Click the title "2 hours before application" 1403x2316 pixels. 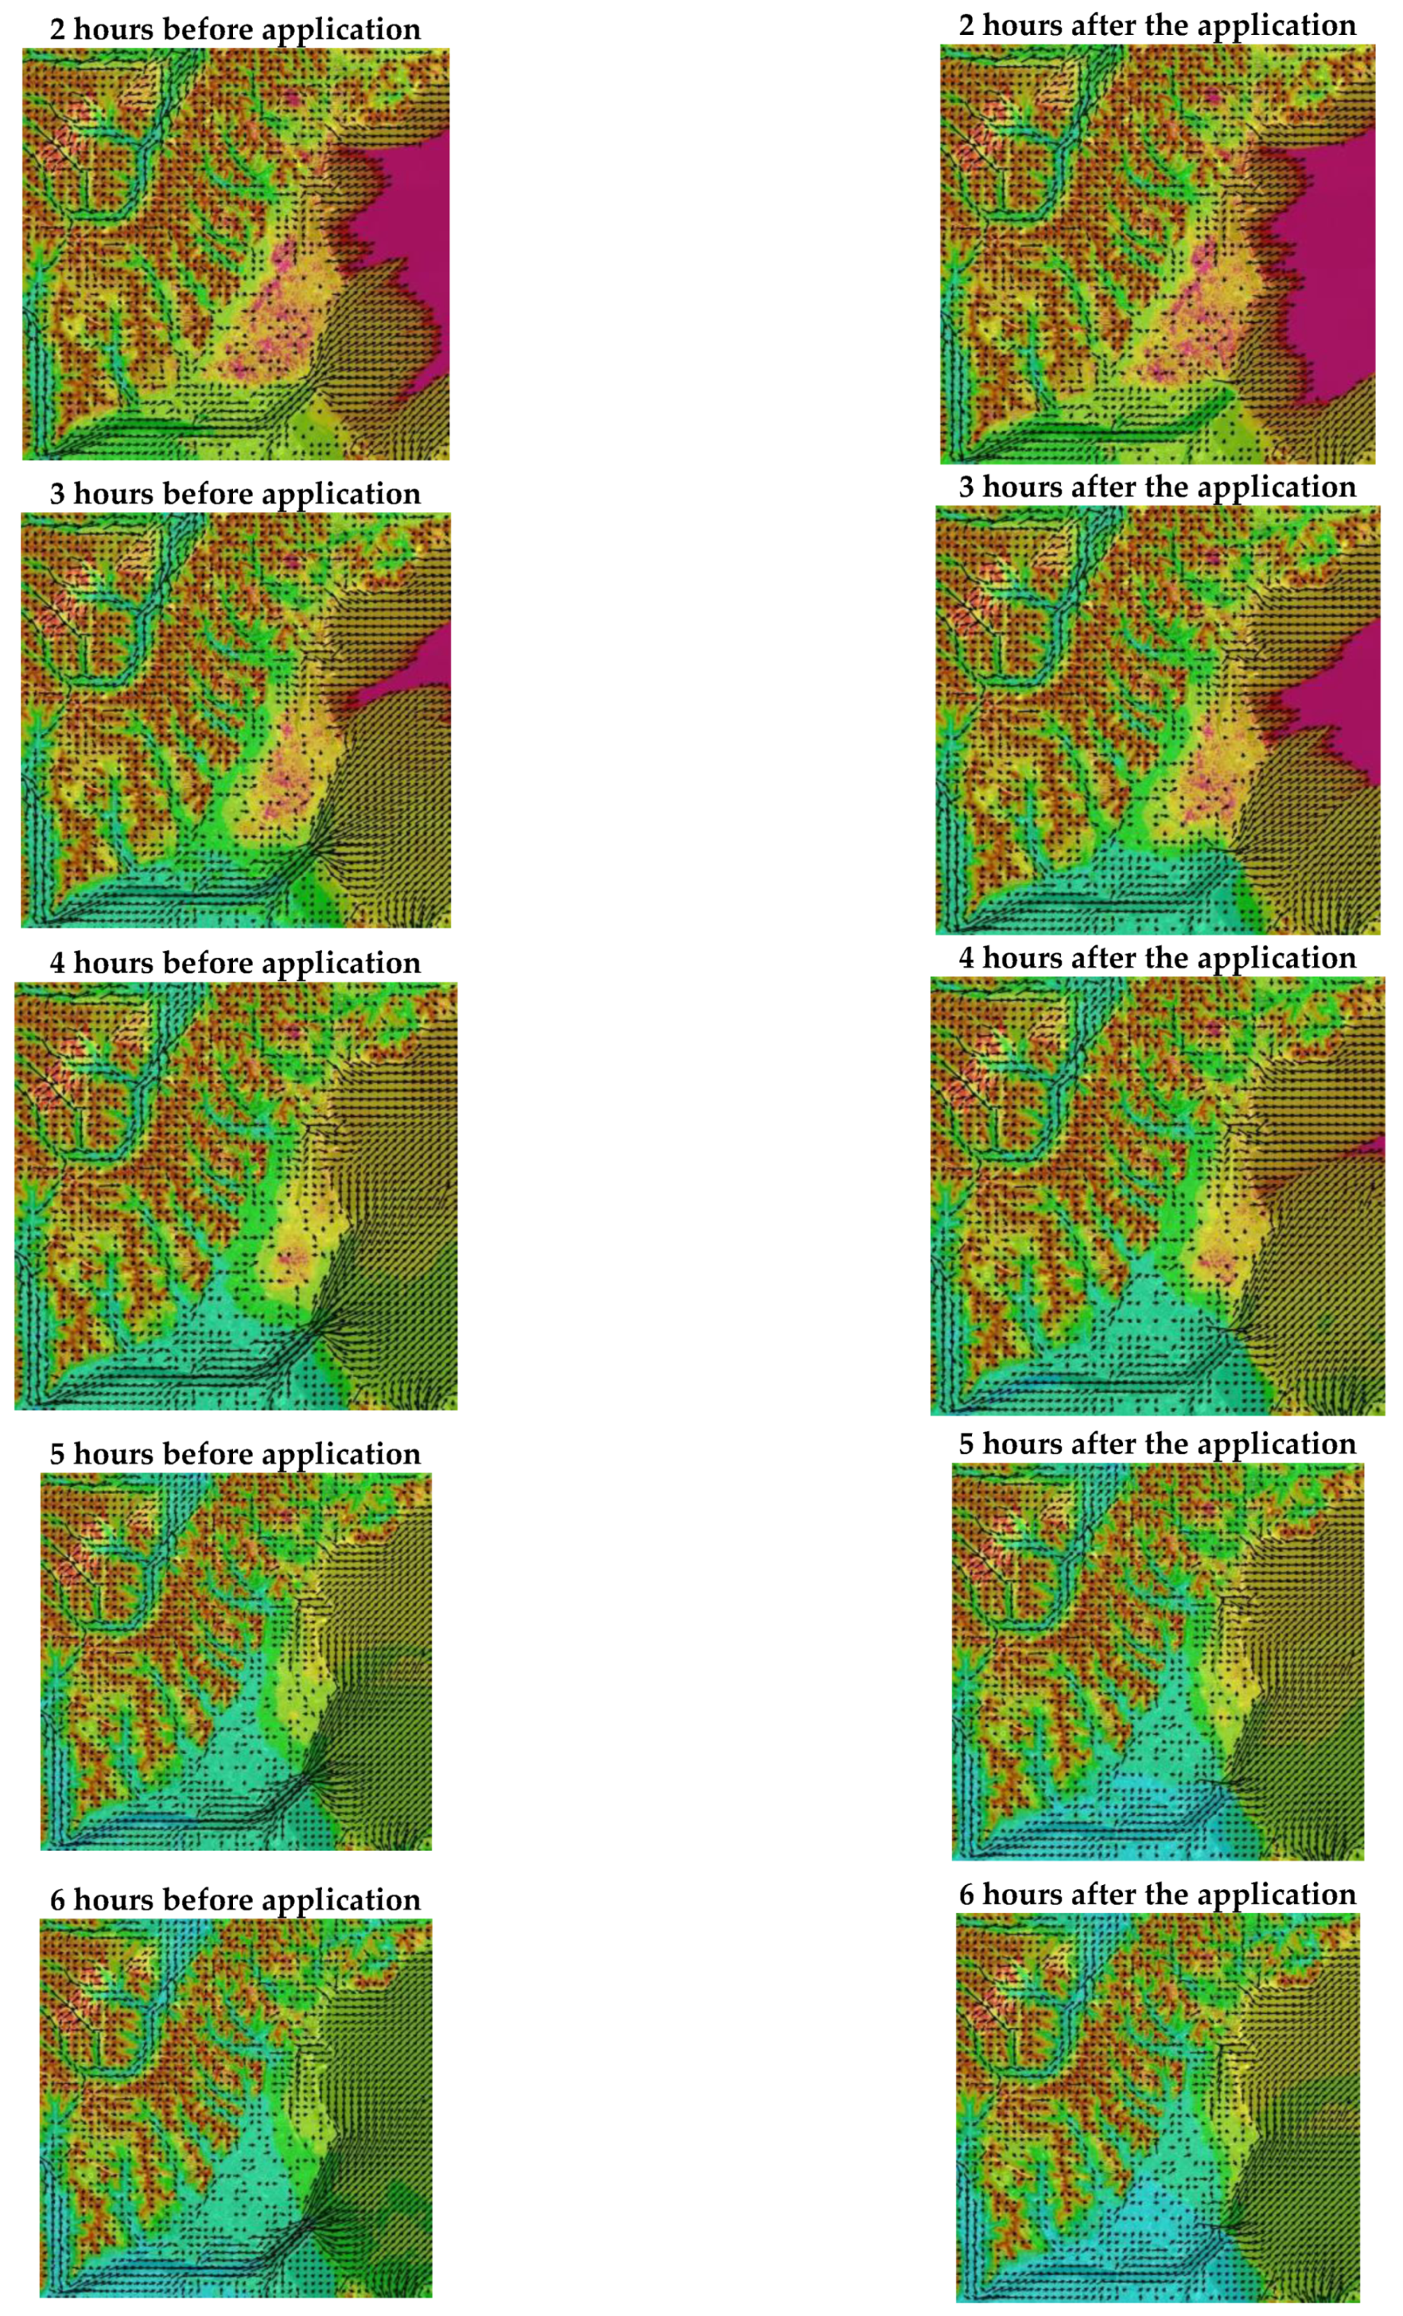[x=235, y=29]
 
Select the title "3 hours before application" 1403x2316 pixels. [x=235, y=493]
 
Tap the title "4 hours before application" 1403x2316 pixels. [x=235, y=962]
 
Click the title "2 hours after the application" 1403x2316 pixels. [x=1157, y=25]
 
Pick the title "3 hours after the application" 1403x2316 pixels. [x=1157, y=487]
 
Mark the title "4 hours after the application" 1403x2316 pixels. [x=1157, y=958]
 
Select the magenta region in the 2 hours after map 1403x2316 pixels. [x=1334, y=263]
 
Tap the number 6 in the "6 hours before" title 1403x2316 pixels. [x=57, y=1900]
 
